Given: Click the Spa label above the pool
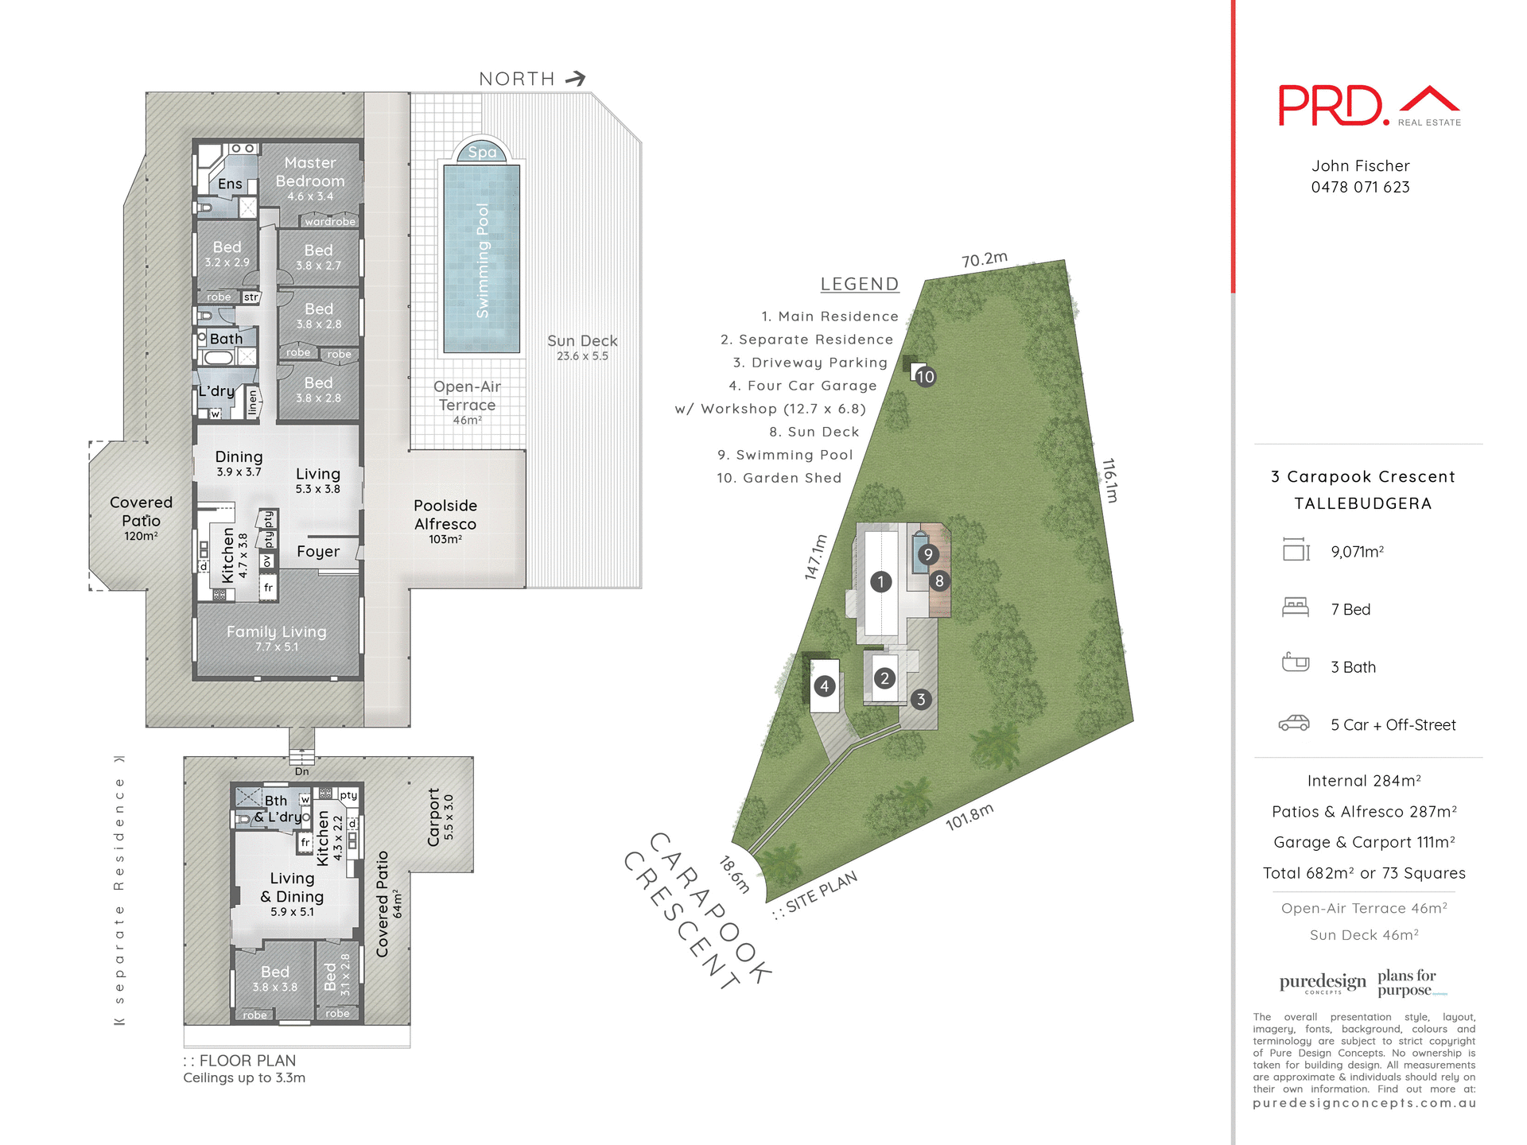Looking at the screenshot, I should click(482, 152).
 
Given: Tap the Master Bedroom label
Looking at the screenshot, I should click(310, 173).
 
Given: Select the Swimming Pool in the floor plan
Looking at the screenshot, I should click(482, 259).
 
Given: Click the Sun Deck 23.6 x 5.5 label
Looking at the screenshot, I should click(582, 347).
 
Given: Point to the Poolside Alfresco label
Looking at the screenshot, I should click(445, 515).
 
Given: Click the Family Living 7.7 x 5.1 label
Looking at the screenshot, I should click(277, 636).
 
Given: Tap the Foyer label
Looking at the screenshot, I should click(318, 551).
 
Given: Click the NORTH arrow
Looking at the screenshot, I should click(576, 78).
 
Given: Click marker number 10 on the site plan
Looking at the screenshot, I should click(925, 376).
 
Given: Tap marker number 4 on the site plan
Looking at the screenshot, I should click(825, 685).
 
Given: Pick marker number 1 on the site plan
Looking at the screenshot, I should click(880, 581).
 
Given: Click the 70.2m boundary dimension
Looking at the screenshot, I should click(984, 259).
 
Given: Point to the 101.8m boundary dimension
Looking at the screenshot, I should click(969, 817).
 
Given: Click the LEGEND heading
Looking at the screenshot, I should click(859, 284).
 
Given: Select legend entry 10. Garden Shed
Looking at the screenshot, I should click(779, 478).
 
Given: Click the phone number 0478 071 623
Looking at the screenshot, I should click(1360, 188).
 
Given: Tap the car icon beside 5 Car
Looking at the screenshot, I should click(1294, 723).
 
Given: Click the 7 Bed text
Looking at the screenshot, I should click(1350, 609).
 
